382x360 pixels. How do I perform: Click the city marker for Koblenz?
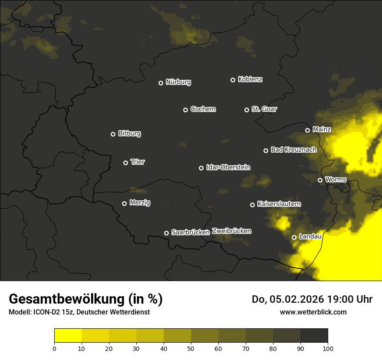click(x=233, y=80)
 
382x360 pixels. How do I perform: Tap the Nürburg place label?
click(x=178, y=82)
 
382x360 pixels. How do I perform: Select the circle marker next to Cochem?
click(x=185, y=110)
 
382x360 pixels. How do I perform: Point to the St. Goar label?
click(x=264, y=109)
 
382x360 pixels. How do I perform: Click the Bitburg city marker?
click(x=113, y=134)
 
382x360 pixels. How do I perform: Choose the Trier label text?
click(x=138, y=162)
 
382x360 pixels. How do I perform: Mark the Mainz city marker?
click(x=307, y=130)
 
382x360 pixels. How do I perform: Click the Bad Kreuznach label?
click(x=293, y=150)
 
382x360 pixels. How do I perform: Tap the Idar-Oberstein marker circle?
click(x=201, y=168)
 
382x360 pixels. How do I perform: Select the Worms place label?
click(x=336, y=179)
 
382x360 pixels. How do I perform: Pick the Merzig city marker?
click(x=124, y=203)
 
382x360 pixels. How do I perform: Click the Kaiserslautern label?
click(x=279, y=204)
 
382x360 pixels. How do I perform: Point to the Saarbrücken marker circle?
click(x=166, y=233)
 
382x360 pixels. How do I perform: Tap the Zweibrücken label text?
click(x=231, y=231)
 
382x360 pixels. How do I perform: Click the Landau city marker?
click(x=294, y=237)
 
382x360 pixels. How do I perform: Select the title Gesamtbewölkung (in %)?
click(x=86, y=299)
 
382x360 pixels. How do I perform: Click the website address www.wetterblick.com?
click(x=313, y=312)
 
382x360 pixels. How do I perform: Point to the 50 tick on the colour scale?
click(x=191, y=348)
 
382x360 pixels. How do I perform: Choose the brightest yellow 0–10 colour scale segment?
click(x=68, y=336)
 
